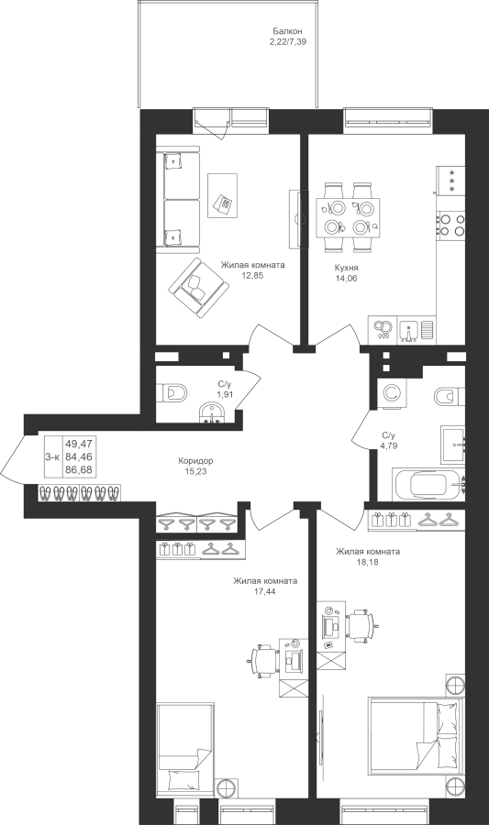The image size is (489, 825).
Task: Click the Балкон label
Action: (x=287, y=31)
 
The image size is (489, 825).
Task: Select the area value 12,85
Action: (x=252, y=275)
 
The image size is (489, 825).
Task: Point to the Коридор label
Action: (x=195, y=461)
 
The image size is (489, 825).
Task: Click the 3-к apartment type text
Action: (x=51, y=457)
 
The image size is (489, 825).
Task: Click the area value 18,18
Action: (x=367, y=561)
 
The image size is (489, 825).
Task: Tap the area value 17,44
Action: (x=265, y=591)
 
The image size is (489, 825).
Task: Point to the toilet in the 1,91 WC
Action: (x=172, y=392)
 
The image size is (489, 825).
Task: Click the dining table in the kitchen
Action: (x=349, y=217)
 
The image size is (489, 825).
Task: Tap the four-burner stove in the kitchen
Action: (x=451, y=223)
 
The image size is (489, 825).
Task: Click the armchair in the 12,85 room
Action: (x=198, y=288)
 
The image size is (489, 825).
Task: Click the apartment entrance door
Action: (x=12, y=457)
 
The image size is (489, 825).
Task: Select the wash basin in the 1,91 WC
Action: (x=213, y=412)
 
